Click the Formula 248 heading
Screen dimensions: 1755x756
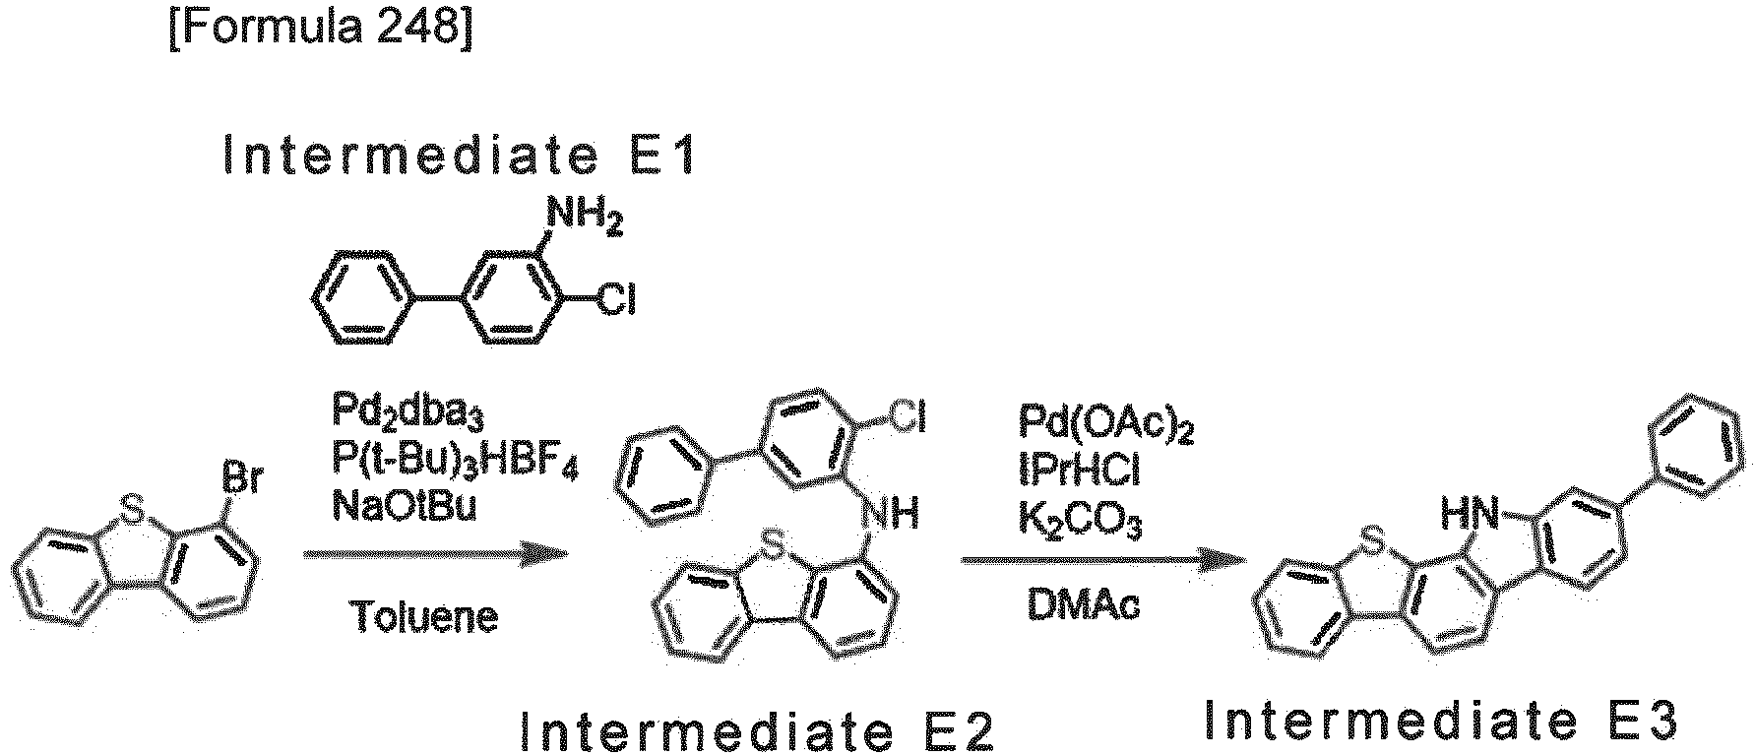tap(321, 29)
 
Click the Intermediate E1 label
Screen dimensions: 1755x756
tap(461, 157)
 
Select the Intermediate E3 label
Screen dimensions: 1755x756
tap(1440, 722)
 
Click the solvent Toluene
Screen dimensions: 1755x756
tap(423, 616)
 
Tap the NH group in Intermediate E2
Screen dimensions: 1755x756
tap(890, 512)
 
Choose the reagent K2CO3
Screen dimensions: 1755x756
tap(1081, 523)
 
